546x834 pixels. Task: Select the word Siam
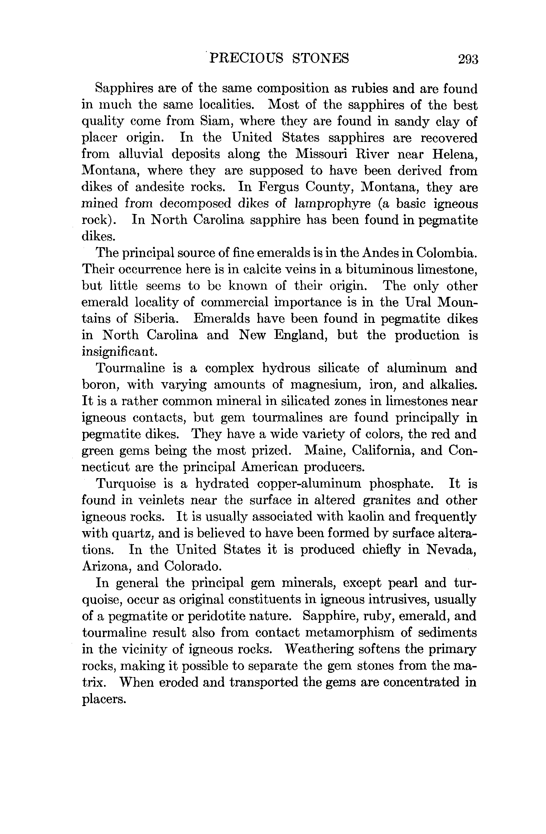pos(214,121)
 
